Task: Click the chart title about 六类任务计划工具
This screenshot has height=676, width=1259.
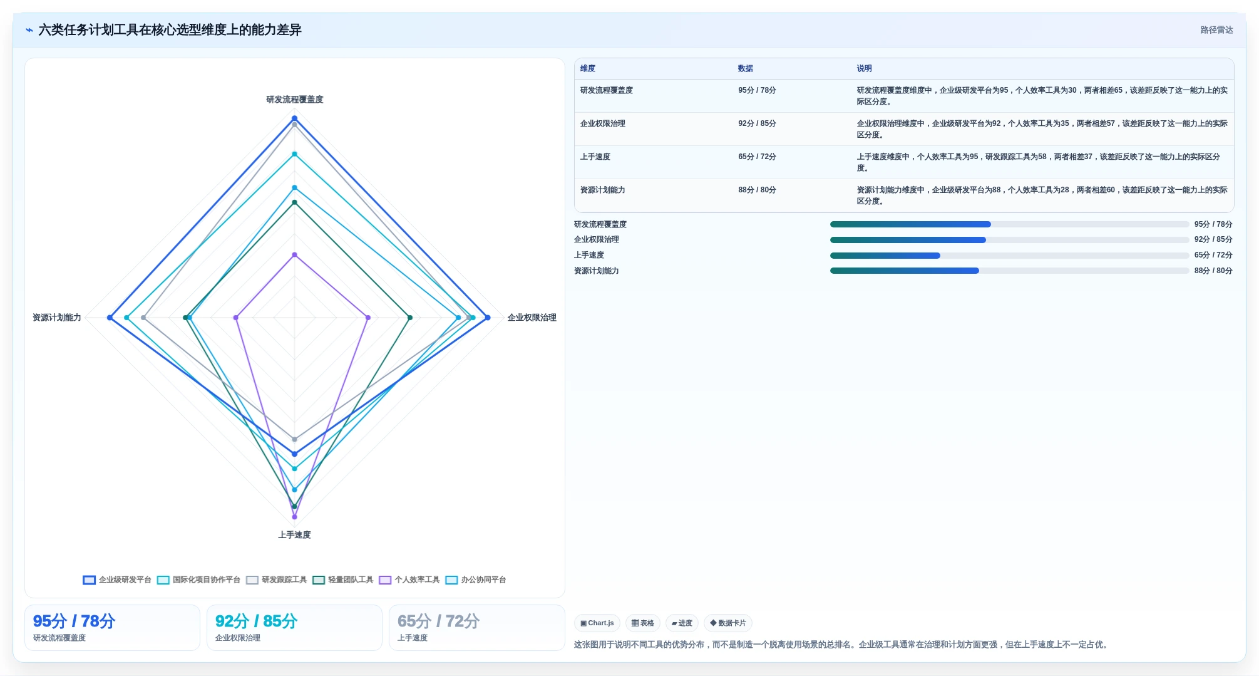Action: tap(170, 30)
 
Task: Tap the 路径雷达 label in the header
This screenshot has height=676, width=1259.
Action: tap(1216, 30)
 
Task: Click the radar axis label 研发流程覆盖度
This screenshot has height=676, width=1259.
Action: tap(294, 100)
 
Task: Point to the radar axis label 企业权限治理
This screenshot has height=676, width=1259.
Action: tap(532, 318)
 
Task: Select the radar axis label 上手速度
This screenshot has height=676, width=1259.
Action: tap(294, 535)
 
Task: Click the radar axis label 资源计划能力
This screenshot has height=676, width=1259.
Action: tap(57, 318)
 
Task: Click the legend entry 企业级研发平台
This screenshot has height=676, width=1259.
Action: tap(117, 580)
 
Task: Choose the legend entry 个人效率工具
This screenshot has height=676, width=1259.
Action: tap(409, 580)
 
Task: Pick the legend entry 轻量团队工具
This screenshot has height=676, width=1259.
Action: tap(343, 580)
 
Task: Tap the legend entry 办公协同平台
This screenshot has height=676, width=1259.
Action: tap(476, 580)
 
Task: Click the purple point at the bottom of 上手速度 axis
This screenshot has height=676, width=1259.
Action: tap(294, 517)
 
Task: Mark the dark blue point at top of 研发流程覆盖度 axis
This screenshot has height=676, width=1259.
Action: tap(294, 118)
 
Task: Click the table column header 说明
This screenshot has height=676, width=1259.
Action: tap(864, 69)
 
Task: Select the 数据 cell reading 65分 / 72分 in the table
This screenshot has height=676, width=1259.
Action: tap(757, 157)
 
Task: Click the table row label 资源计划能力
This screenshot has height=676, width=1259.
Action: tap(602, 190)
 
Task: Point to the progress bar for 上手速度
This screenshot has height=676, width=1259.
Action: tap(1009, 256)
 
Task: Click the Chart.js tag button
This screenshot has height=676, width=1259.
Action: tap(597, 623)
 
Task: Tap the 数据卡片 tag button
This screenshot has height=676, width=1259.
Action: tap(728, 623)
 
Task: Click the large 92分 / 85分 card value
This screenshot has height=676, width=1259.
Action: tap(256, 621)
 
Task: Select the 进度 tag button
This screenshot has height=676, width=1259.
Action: tap(682, 623)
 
